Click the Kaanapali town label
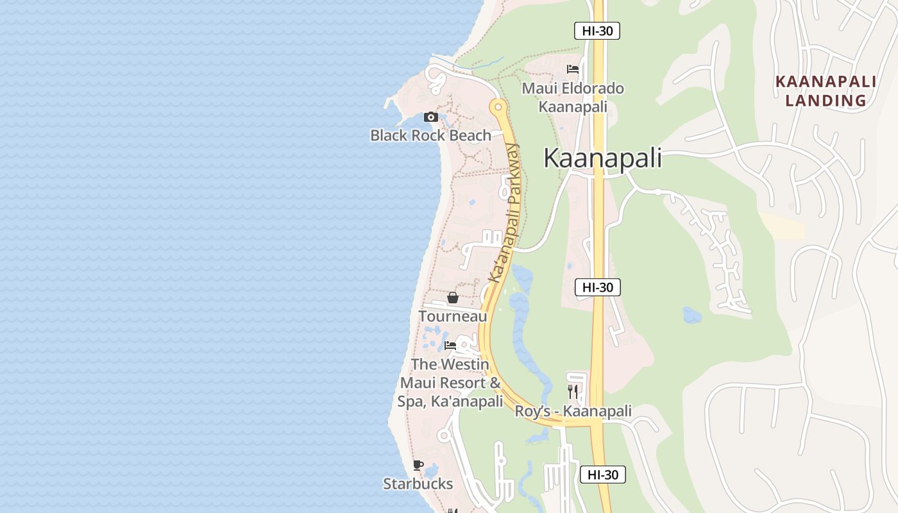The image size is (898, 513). coord(602,158)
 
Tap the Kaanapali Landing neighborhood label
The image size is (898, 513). coord(826,91)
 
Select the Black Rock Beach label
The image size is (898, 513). coord(430,135)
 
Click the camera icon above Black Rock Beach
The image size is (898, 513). coord(430,117)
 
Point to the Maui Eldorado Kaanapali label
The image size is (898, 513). coord(573,97)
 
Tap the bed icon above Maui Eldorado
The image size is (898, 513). coord(573,69)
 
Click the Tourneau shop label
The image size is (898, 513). coord(452,316)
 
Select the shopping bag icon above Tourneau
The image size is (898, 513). coord(452,298)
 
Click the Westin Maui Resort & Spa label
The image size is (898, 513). coord(450,383)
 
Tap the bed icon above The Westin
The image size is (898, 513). coord(450,346)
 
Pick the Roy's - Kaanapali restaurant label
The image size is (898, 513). coord(573,411)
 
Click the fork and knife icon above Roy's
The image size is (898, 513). coord(573,391)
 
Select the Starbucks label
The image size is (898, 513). coord(418,484)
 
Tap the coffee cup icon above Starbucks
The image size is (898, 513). coord(418,465)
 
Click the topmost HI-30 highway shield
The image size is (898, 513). coord(597,31)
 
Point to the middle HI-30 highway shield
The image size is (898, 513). coord(597,287)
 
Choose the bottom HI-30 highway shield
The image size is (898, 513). coord(602,475)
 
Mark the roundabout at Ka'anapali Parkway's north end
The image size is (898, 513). coord(497,107)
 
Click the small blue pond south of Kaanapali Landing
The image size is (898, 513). coord(691,315)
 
